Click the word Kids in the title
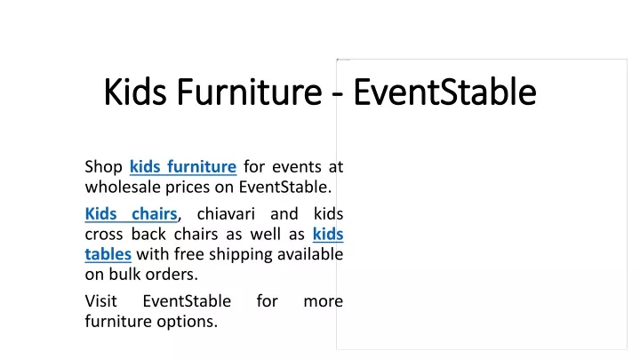click(135, 92)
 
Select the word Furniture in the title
click(250, 92)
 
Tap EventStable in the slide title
click(445, 92)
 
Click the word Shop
click(104, 167)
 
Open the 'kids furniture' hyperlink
click(183, 166)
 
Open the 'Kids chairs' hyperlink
click(131, 213)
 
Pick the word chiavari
click(226, 213)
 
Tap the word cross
click(104, 235)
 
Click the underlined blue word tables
click(108, 254)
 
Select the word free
click(189, 254)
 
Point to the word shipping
click(241, 255)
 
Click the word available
click(310, 254)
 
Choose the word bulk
click(125, 274)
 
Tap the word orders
click(172, 275)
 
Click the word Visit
click(100, 300)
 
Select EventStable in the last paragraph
click(187, 300)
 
